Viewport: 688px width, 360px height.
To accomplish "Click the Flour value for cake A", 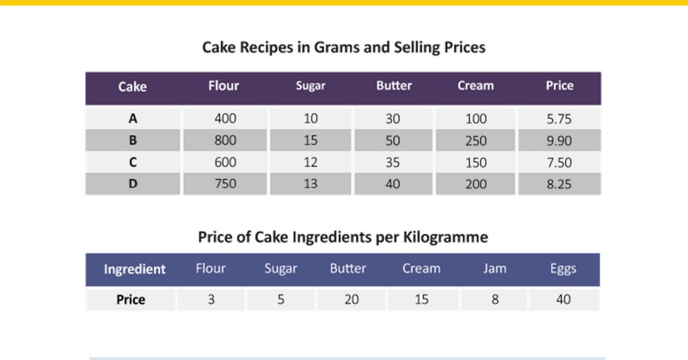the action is coord(225,118).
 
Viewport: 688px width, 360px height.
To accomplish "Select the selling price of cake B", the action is coord(559,140).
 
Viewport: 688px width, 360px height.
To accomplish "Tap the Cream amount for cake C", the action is coord(475,162).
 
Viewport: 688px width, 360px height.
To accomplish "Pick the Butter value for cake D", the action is coord(392,184).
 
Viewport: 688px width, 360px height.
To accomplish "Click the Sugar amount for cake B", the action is coord(310,140).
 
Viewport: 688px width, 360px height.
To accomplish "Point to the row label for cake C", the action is coord(132,162).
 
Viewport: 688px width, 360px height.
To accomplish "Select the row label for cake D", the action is coord(132,184).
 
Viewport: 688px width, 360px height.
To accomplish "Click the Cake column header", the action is coord(132,87).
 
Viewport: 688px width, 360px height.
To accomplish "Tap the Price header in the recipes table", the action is coord(559,85).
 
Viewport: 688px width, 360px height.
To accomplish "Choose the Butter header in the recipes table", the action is coord(393,85).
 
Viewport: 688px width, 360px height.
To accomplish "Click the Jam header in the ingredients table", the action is coord(494,268).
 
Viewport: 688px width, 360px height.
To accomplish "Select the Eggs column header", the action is coord(563,269).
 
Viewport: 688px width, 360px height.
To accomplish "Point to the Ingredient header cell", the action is coord(135,269).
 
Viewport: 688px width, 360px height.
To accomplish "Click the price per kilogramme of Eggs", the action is coord(563,299).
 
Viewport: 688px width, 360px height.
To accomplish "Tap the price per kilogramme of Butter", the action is coord(351,299).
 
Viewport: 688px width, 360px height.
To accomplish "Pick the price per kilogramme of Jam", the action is coord(495,299).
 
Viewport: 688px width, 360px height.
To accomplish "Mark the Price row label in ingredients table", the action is coord(131,299).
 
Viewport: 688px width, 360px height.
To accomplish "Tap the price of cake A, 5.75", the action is coord(559,119).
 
